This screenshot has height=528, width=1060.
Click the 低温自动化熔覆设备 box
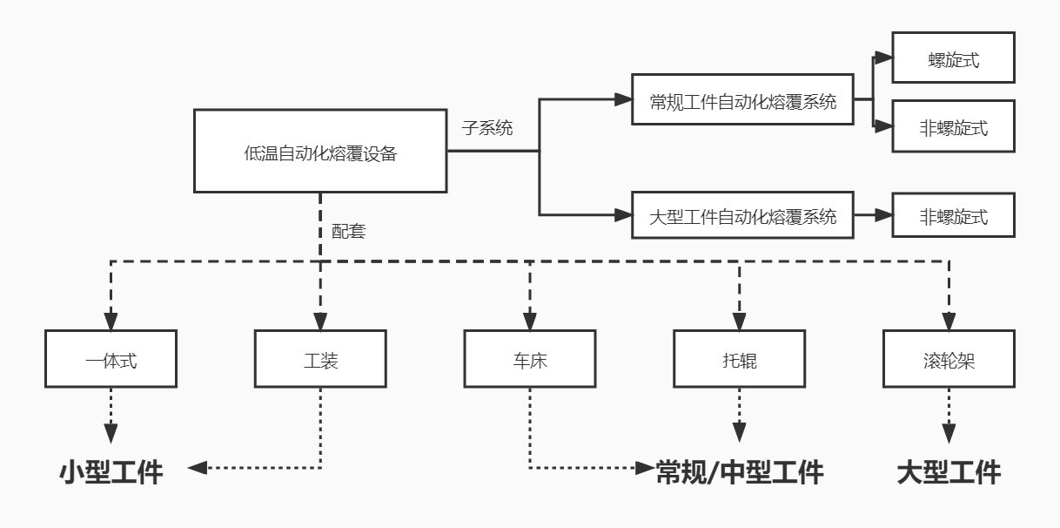319,151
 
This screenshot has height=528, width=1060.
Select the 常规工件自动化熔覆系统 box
742,99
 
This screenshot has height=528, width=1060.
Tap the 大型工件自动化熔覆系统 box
742,214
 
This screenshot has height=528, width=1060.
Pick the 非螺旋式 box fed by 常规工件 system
953,127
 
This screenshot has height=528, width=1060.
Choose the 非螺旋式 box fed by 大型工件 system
953,214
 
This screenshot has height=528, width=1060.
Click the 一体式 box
111,358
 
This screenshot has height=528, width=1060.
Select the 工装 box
320,358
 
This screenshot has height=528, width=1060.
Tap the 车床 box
529,358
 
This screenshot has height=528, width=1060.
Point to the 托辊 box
739,358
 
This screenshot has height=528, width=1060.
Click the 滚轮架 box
949,358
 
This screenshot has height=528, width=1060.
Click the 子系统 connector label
487,128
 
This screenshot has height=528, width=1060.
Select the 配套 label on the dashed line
348,232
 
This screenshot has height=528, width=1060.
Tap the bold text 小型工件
111,472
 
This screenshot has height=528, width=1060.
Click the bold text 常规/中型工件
739,472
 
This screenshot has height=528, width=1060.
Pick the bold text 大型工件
949,472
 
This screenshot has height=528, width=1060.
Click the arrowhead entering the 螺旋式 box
883,58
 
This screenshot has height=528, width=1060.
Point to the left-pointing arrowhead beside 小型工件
198,468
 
